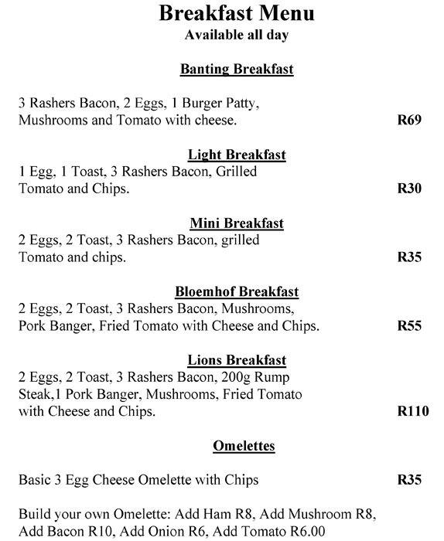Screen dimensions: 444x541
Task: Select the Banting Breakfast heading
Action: click(237, 69)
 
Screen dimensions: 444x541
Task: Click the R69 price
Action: click(409, 121)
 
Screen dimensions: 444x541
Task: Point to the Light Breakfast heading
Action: click(237, 155)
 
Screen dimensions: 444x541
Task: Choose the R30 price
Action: click(409, 189)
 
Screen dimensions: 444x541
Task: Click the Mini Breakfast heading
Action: click(237, 223)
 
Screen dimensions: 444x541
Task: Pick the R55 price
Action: click(409, 326)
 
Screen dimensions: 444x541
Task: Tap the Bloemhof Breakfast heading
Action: click(237, 292)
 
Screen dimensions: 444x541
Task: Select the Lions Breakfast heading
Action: click(237, 360)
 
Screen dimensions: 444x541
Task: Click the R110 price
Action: click(412, 412)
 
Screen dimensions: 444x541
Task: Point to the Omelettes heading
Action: click(244, 446)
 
